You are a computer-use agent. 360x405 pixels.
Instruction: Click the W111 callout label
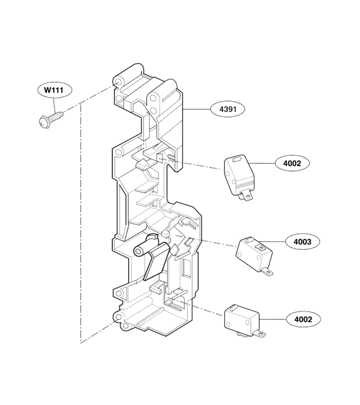click(x=54, y=90)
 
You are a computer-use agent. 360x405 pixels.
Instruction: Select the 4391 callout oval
click(x=228, y=109)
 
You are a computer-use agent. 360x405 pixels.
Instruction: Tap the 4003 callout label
click(x=302, y=242)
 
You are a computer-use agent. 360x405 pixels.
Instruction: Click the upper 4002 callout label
click(x=292, y=163)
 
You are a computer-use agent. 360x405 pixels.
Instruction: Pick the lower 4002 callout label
click(x=303, y=319)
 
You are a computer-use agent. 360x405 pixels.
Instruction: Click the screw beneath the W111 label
click(x=50, y=119)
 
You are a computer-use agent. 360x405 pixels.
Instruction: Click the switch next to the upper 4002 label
click(x=239, y=177)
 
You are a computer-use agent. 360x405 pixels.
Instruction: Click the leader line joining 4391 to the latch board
click(x=197, y=109)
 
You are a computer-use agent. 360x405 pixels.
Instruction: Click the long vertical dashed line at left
click(x=81, y=224)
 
